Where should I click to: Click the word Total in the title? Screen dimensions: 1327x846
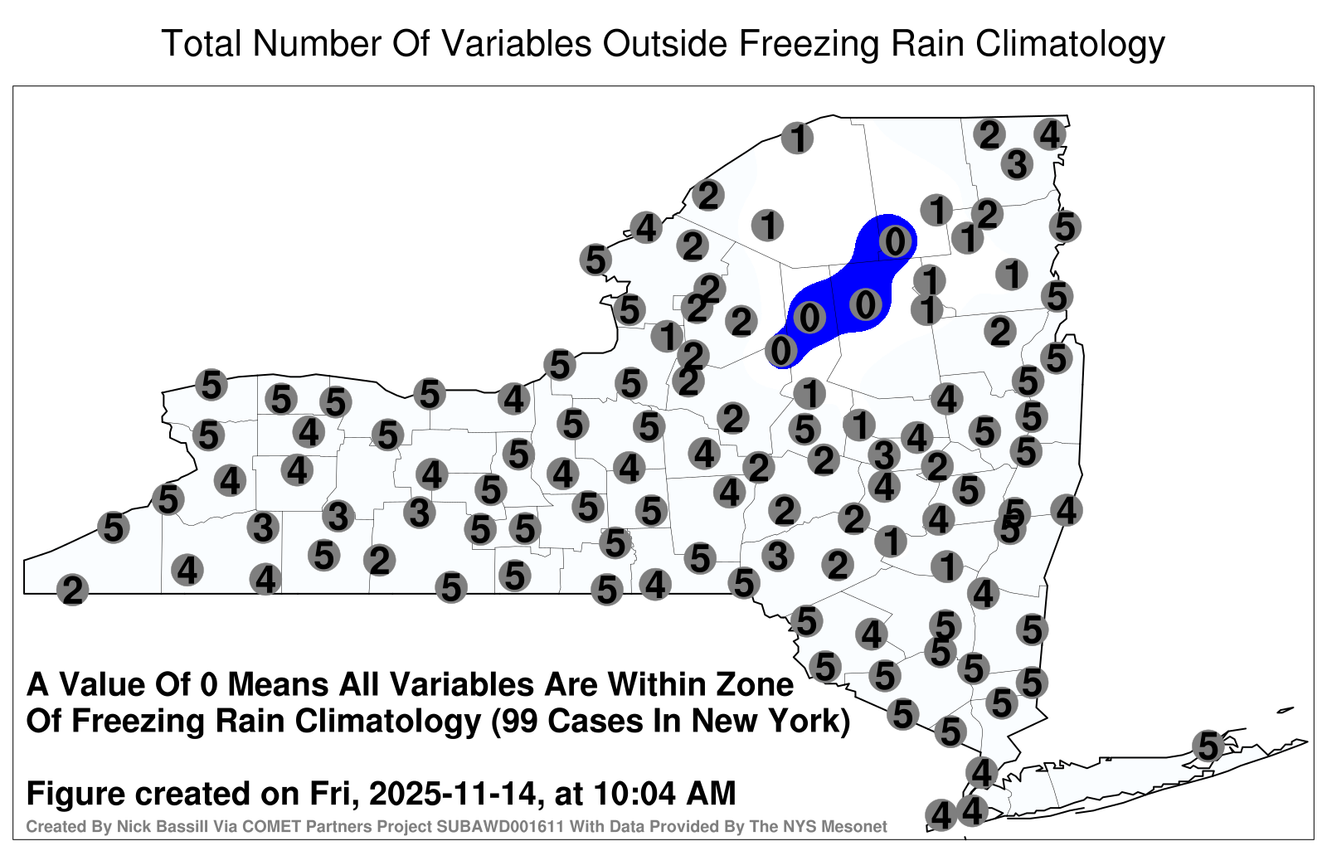pyautogui.click(x=202, y=43)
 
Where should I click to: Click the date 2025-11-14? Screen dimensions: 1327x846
pyautogui.click(x=453, y=793)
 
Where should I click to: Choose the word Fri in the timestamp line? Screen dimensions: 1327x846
pyautogui.click(x=341, y=795)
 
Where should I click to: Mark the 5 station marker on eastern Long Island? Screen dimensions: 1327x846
pyautogui.click(x=1208, y=746)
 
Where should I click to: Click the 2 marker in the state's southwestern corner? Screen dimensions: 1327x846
pyautogui.click(x=72, y=590)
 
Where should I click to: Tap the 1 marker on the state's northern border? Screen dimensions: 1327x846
pyautogui.click(x=797, y=138)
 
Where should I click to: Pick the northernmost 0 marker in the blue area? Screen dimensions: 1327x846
pyautogui.click(x=895, y=241)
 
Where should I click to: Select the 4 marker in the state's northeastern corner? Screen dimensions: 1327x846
pyautogui.click(x=1050, y=134)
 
